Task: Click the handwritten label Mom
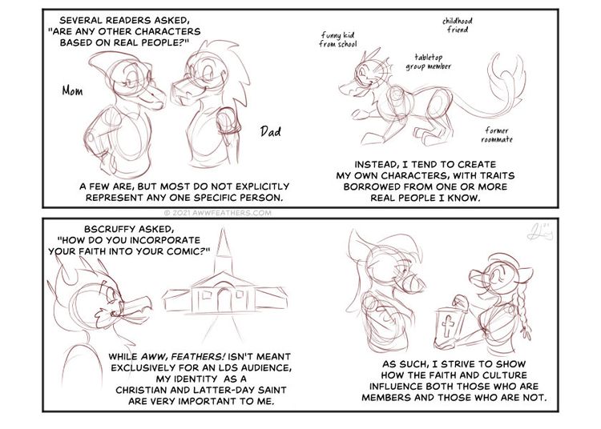click(x=72, y=90)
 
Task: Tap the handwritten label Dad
click(x=271, y=131)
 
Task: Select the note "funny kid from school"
click(x=337, y=40)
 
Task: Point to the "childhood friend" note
click(x=458, y=25)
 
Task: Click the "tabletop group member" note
click(x=429, y=62)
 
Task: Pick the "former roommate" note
click(x=497, y=135)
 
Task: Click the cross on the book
click(x=448, y=326)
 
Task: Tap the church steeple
click(x=223, y=249)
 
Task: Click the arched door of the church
click(x=224, y=299)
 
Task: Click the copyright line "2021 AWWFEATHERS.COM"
click(x=218, y=213)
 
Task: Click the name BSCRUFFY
click(x=108, y=229)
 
